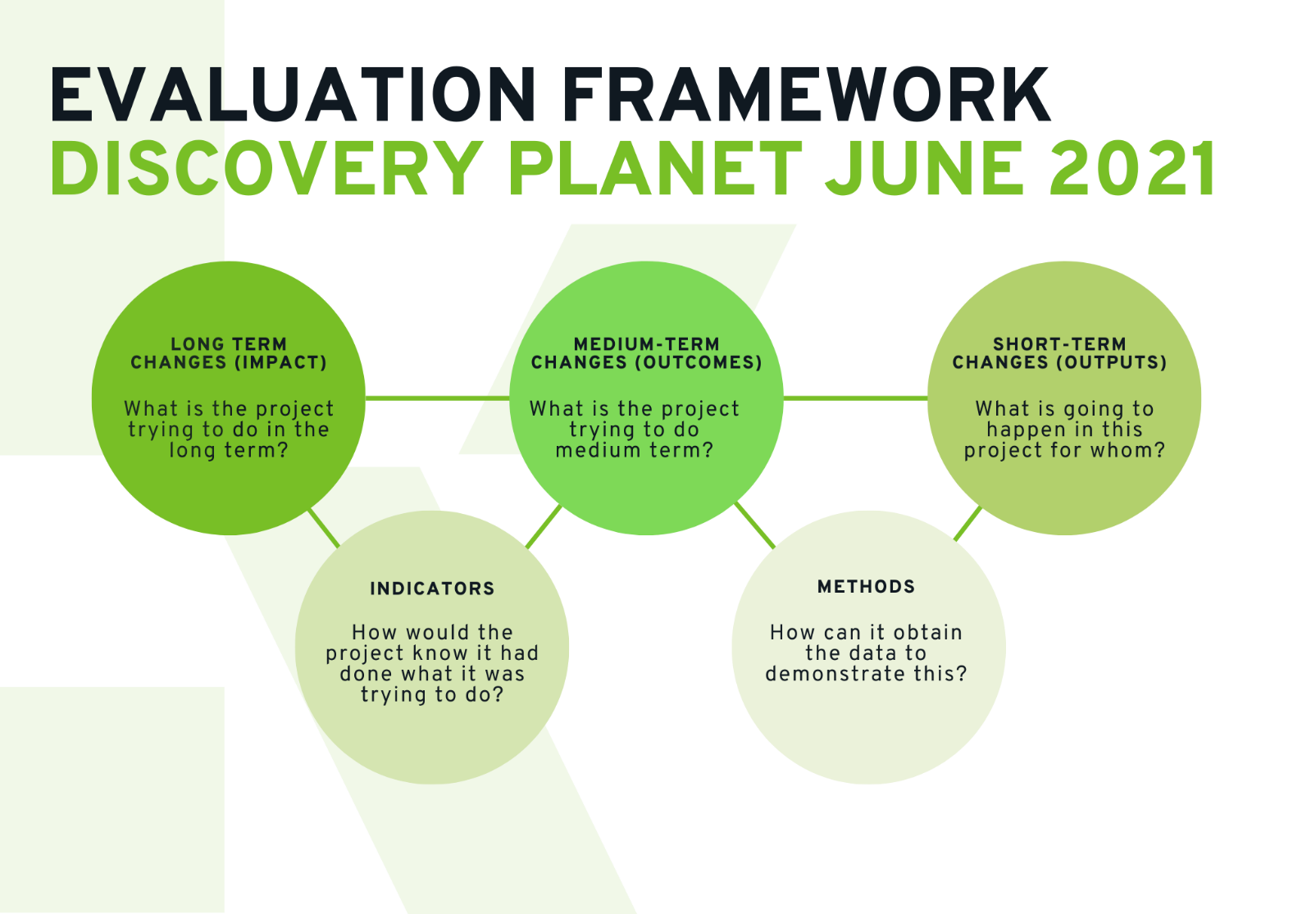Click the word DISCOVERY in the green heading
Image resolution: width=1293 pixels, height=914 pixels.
(x=267, y=169)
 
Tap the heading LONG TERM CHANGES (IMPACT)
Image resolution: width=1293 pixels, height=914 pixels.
(x=229, y=353)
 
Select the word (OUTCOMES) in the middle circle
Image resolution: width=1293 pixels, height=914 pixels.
(x=699, y=362)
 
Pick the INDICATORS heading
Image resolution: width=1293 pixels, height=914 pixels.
(x=432, y=589)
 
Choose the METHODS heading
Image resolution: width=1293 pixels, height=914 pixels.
(x=866, y=587)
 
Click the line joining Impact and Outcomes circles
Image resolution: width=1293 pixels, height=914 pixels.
(x=437, y=398)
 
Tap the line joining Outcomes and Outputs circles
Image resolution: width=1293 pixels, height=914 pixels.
(x=855, y=398)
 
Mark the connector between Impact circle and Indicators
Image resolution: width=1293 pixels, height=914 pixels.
(x=324, y=528)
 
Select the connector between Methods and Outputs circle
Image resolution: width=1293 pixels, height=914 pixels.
(x=967, y=523)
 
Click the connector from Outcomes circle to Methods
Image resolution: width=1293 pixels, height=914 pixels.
(x=755, y=525)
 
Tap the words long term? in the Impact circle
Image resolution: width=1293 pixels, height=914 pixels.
(x=229, y=450)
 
